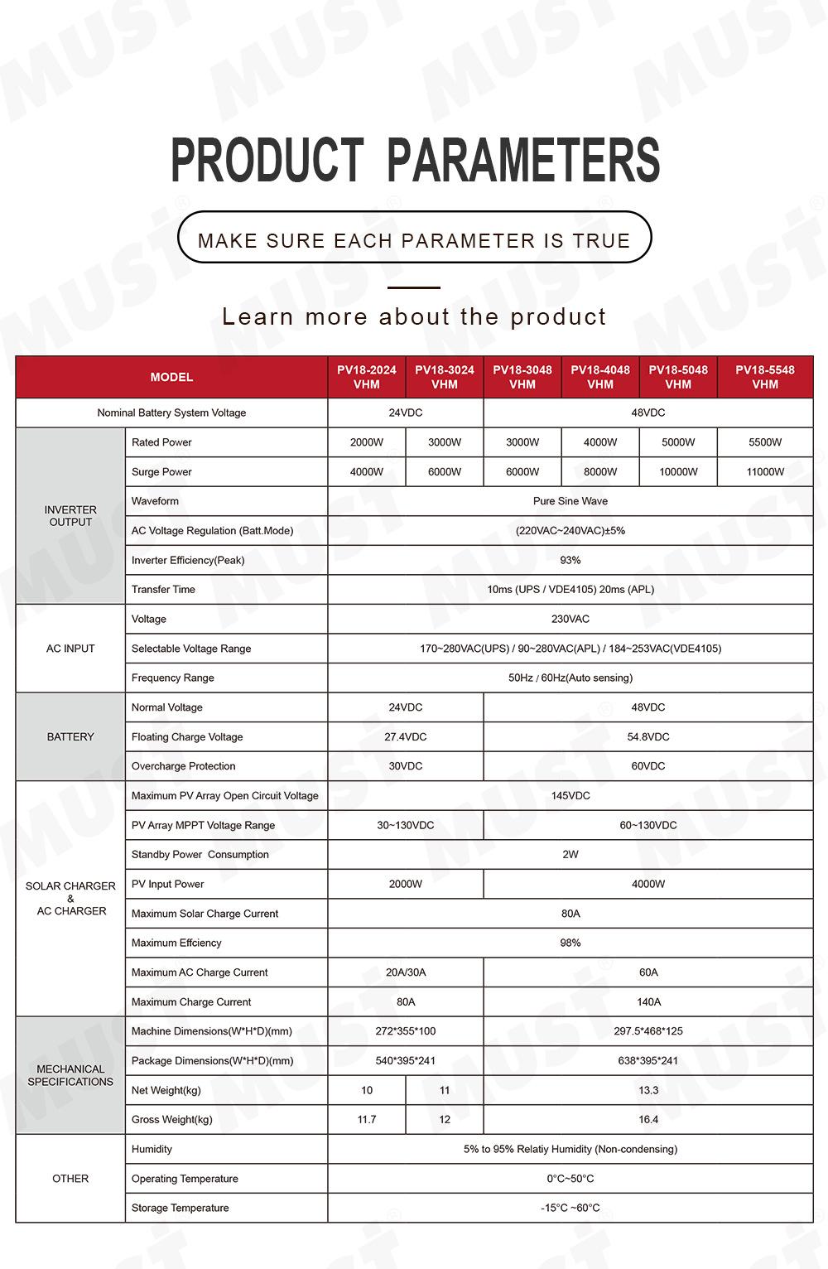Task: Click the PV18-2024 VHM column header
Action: (366, 377)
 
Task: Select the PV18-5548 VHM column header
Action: (765, 377)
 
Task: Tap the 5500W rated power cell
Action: (765, 442)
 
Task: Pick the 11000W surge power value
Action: (765, 472)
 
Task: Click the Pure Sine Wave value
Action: (570, 501)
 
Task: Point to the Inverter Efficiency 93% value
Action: (570, 560)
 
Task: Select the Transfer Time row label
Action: (163, 590)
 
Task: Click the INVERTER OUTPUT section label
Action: (70, 516)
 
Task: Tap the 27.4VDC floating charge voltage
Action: (406, 737)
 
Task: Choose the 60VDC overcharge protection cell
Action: (648, 766)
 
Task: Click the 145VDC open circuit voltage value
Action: (570, 796)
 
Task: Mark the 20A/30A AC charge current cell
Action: (406, 972)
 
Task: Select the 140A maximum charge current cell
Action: (648, 1002)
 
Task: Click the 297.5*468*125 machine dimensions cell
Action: (648, 1031)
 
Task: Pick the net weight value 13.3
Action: (648, 1091)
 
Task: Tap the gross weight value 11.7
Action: (367, 1120)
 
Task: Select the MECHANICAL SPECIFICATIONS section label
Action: (70, 1075)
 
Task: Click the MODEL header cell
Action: (171, 377)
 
